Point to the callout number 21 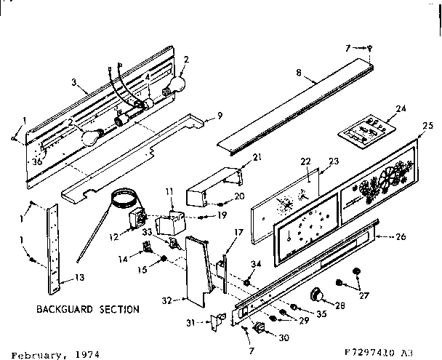tap(236, 158)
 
